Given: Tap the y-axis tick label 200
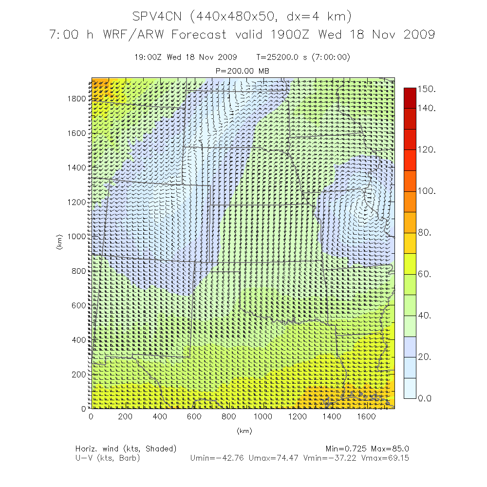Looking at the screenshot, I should pyautogui.click(x=79, y=375).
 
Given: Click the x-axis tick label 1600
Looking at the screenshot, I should pyautogui.click(x=366, y=417).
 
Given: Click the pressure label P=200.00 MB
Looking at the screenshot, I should pyautogui.click(x=242, y=71).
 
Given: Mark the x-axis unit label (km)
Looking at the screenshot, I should pyautogui.click(x=244, y=431).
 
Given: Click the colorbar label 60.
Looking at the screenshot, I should pyautogui.click(x=426, y=275).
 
